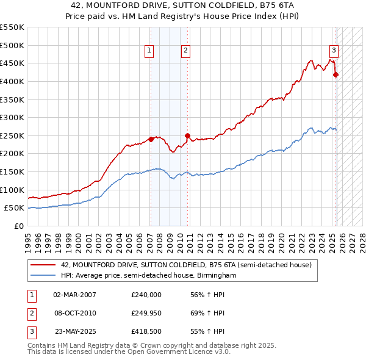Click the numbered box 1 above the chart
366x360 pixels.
[x=149, y=51]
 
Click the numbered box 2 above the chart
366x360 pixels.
[x=185, y=51]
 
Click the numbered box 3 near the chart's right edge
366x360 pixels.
[x=334, y=51]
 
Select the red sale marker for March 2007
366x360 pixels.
[x=151, y=139]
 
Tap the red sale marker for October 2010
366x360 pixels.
[x=188, y=135]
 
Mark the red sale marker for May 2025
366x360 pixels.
[x=335, y=75]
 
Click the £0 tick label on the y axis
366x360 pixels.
[x=18, y=226]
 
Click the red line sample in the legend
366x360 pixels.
[x=43, y=265]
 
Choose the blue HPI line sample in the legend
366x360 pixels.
[x=43, y=276]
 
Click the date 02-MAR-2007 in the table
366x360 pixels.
[x=74, y=295]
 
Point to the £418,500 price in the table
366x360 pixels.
[x=146, y=331]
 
